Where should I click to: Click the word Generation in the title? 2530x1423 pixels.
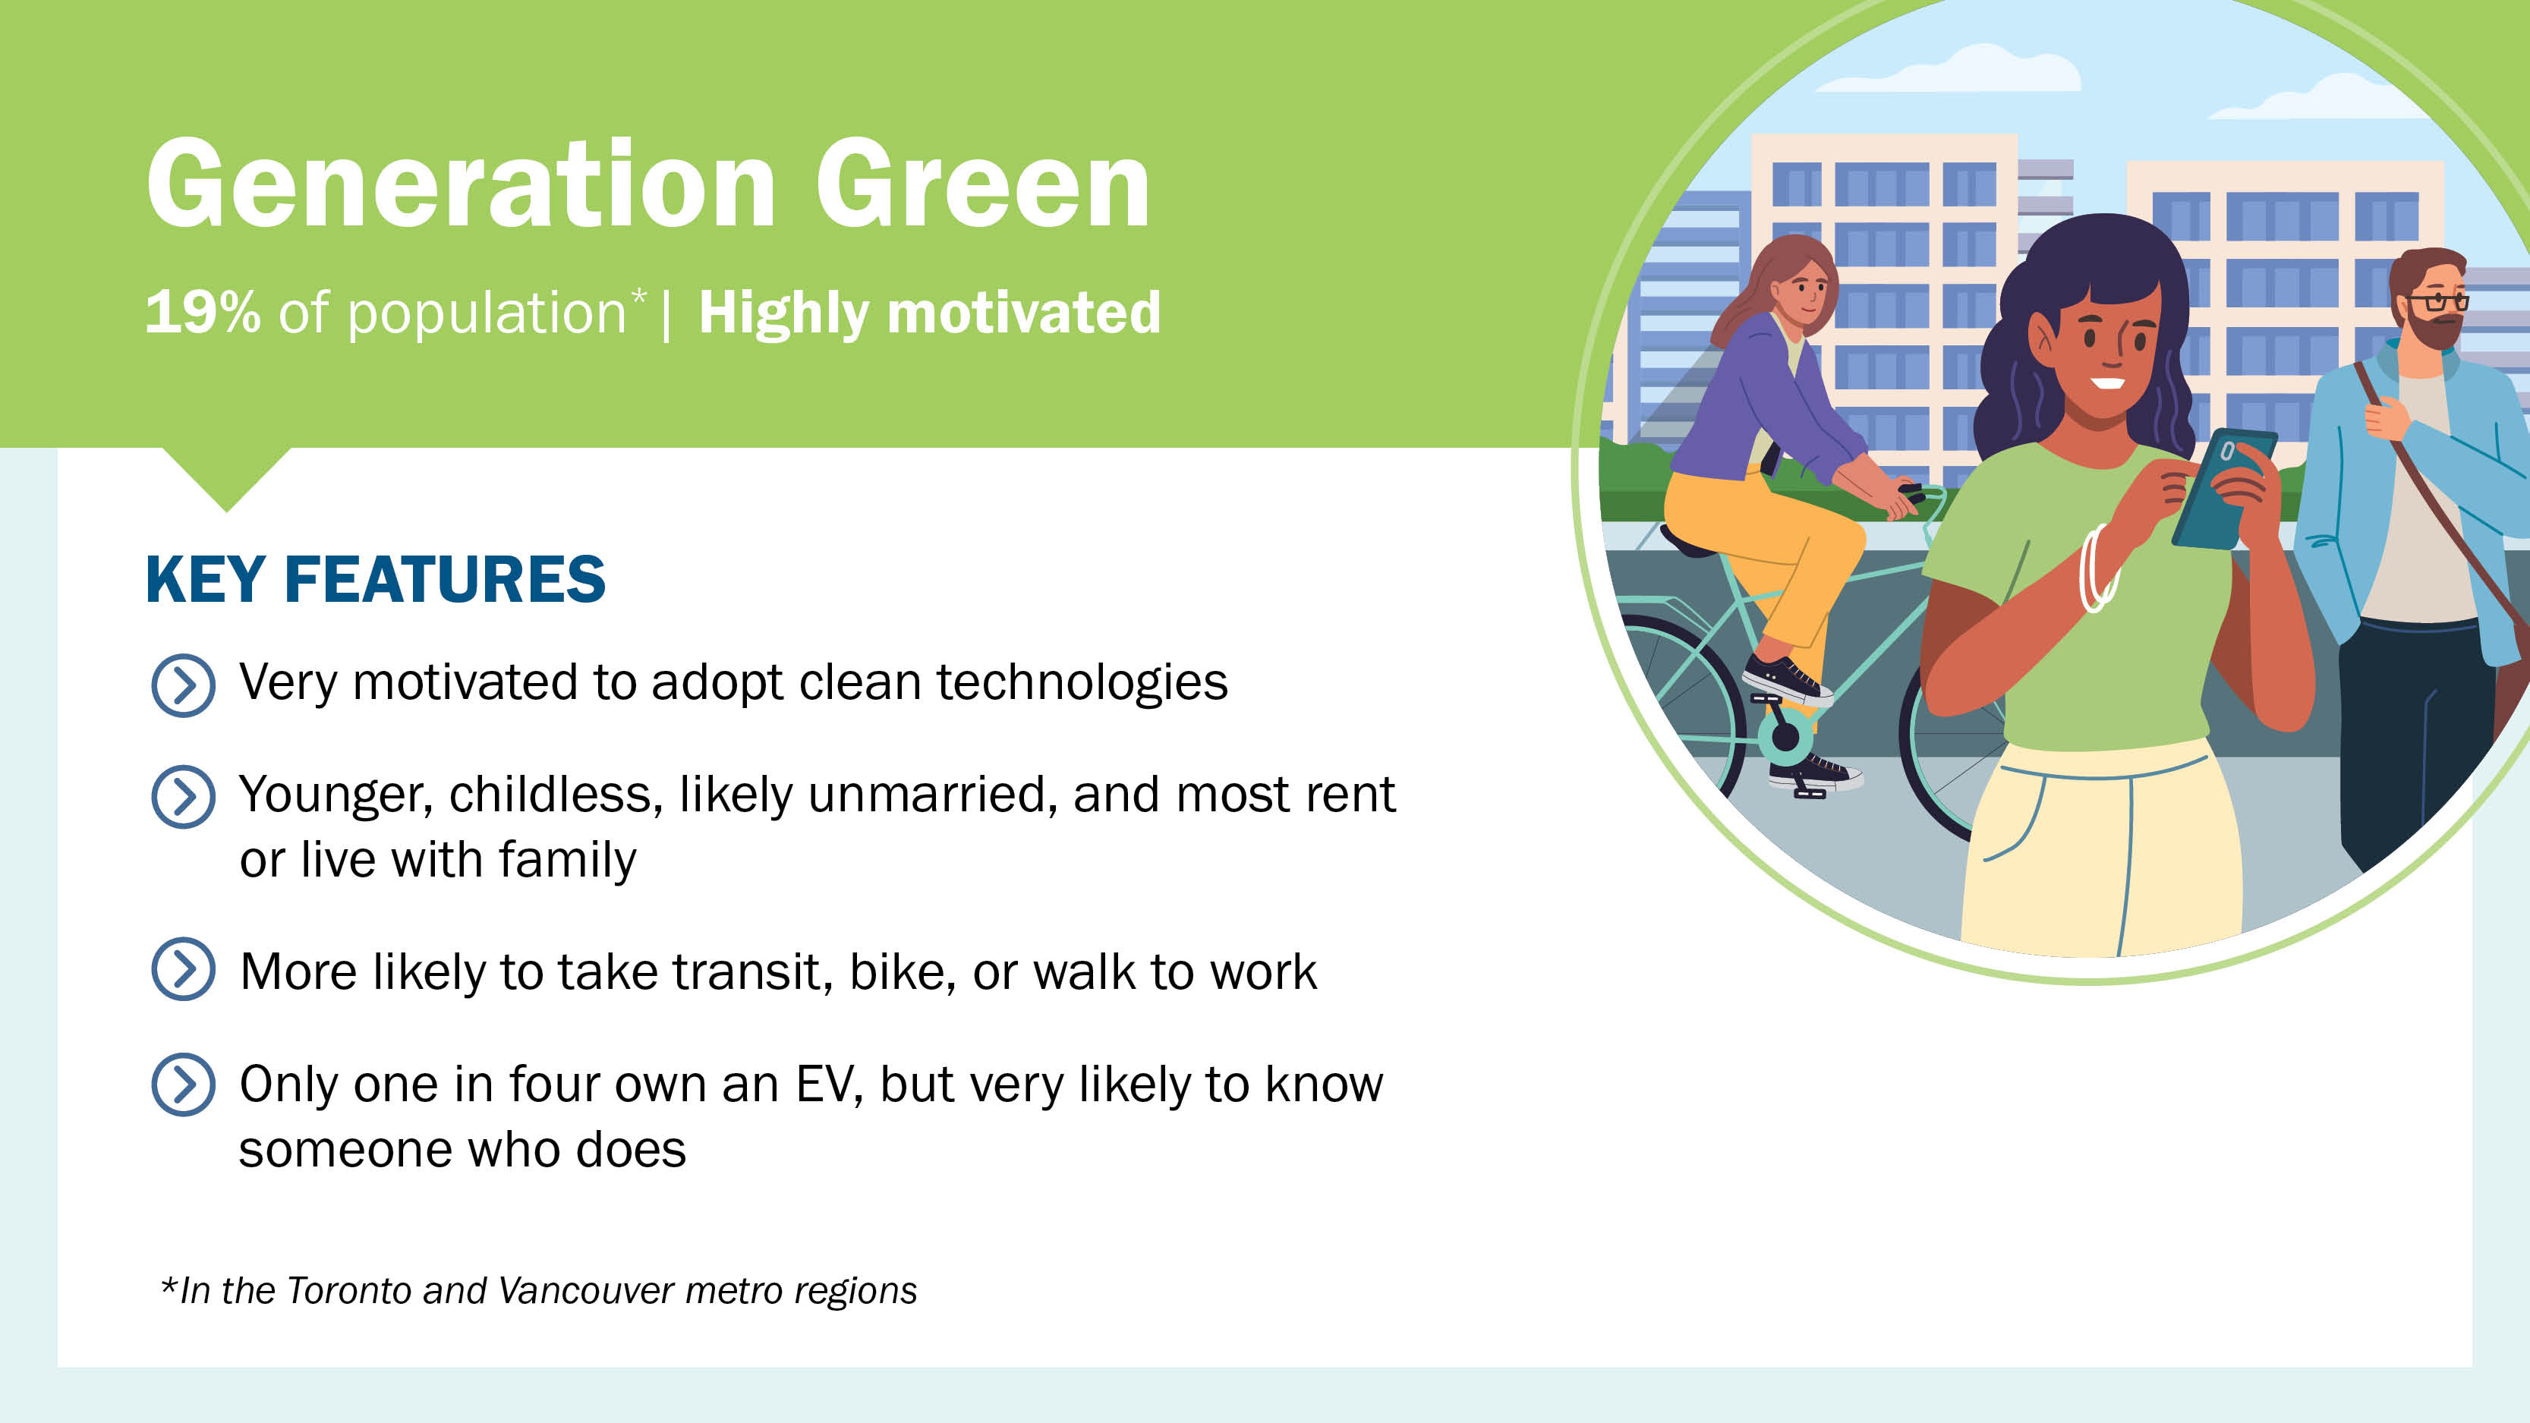coord(462,184)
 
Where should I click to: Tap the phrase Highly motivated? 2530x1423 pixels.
coord(929,313)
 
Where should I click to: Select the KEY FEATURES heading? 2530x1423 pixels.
coord(375,578)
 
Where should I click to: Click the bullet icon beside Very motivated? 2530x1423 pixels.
coord(183,685)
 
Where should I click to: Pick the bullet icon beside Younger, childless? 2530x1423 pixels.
coord(183,796)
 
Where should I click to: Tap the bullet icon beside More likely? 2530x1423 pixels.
coord(183,969)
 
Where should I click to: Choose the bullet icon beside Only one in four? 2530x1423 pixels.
coord(183,1085)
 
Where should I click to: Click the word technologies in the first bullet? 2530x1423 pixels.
coord(1082,682)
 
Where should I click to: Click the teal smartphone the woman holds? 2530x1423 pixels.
coord(2223,488)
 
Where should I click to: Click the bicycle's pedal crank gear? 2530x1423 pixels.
coord(1785,732)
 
